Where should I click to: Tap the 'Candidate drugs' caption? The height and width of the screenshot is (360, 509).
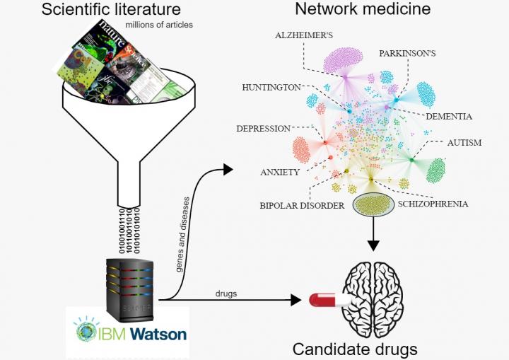(x=355, y=349)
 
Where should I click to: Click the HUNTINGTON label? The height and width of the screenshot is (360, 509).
(x=271, y=87)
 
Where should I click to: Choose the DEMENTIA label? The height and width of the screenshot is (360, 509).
(x=448, y=116)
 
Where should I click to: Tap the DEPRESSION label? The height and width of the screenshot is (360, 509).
(x=263, y=129)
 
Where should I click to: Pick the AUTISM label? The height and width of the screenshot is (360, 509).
(x=464, y=143)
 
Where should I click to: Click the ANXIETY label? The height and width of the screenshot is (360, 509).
(x=280, y=172)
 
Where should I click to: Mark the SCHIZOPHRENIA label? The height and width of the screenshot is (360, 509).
(x=433, y=204)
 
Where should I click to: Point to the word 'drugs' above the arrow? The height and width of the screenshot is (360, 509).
(x=226, y=292)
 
